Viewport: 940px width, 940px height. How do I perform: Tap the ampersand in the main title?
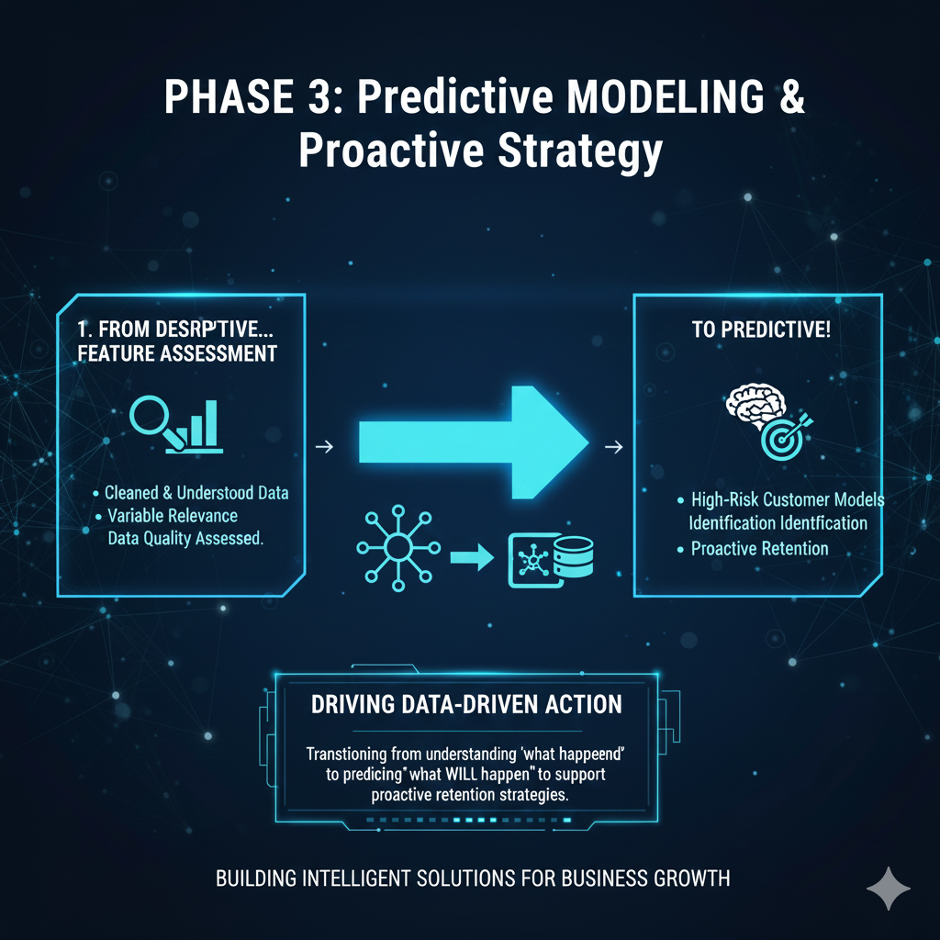click(792, 96)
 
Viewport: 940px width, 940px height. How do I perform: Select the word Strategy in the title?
click(580, 152)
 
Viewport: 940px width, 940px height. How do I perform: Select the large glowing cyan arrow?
click(474, 442)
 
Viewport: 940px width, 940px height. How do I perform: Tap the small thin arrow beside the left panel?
click(324, 447)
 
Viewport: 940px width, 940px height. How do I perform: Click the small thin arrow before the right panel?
click(613, 447)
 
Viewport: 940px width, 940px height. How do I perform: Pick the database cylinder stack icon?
click(573, 557)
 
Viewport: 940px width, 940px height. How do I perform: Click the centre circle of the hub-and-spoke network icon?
click(398, 547)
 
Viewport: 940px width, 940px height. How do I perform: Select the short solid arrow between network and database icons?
click(472, 557)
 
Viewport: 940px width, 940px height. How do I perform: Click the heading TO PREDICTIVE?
click(761, 330)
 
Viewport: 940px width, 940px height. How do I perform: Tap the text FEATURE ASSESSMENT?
click(177, 353)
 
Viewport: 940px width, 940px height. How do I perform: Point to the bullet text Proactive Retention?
click(759, 549)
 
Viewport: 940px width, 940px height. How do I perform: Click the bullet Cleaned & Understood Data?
click(196, 493)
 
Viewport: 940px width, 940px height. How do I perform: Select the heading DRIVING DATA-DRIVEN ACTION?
click(466, 704)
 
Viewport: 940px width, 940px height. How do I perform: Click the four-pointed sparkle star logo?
click(889, 889)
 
